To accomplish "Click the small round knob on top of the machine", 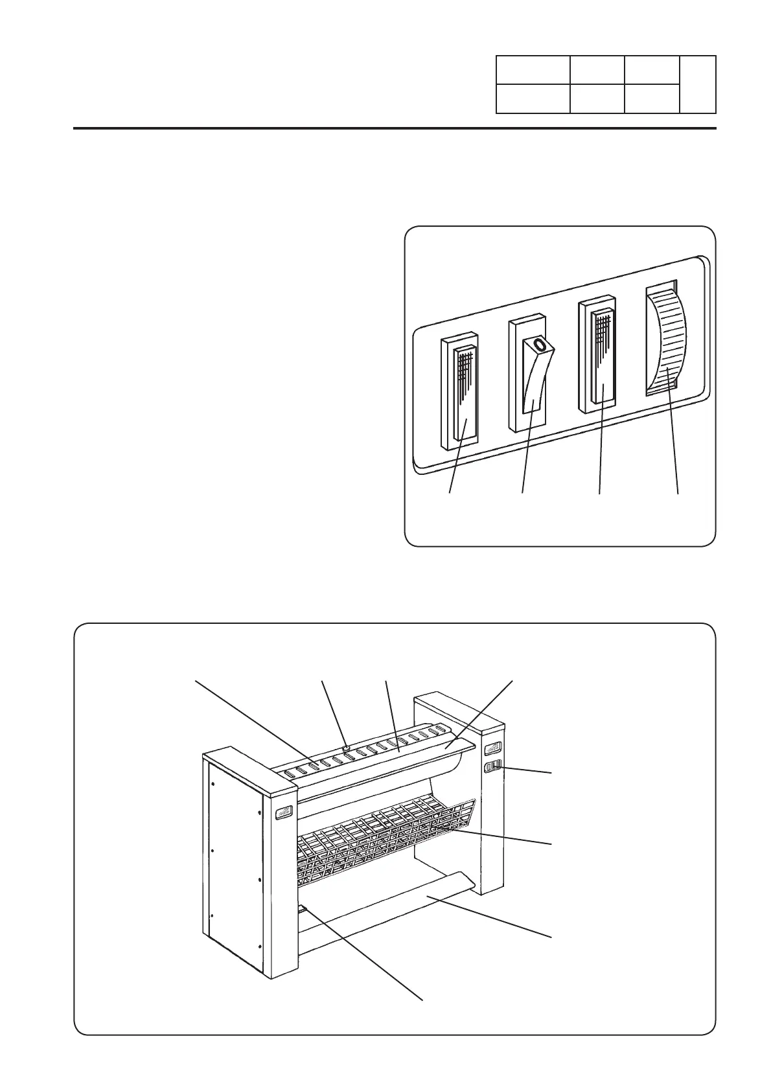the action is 347,748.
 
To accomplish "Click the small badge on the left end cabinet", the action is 284,814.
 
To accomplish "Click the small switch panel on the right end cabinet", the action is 493,768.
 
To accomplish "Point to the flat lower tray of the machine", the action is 389,907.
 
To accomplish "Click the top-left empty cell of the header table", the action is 533,70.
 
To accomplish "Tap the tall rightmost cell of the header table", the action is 698,84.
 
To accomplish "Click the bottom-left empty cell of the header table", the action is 533,98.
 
